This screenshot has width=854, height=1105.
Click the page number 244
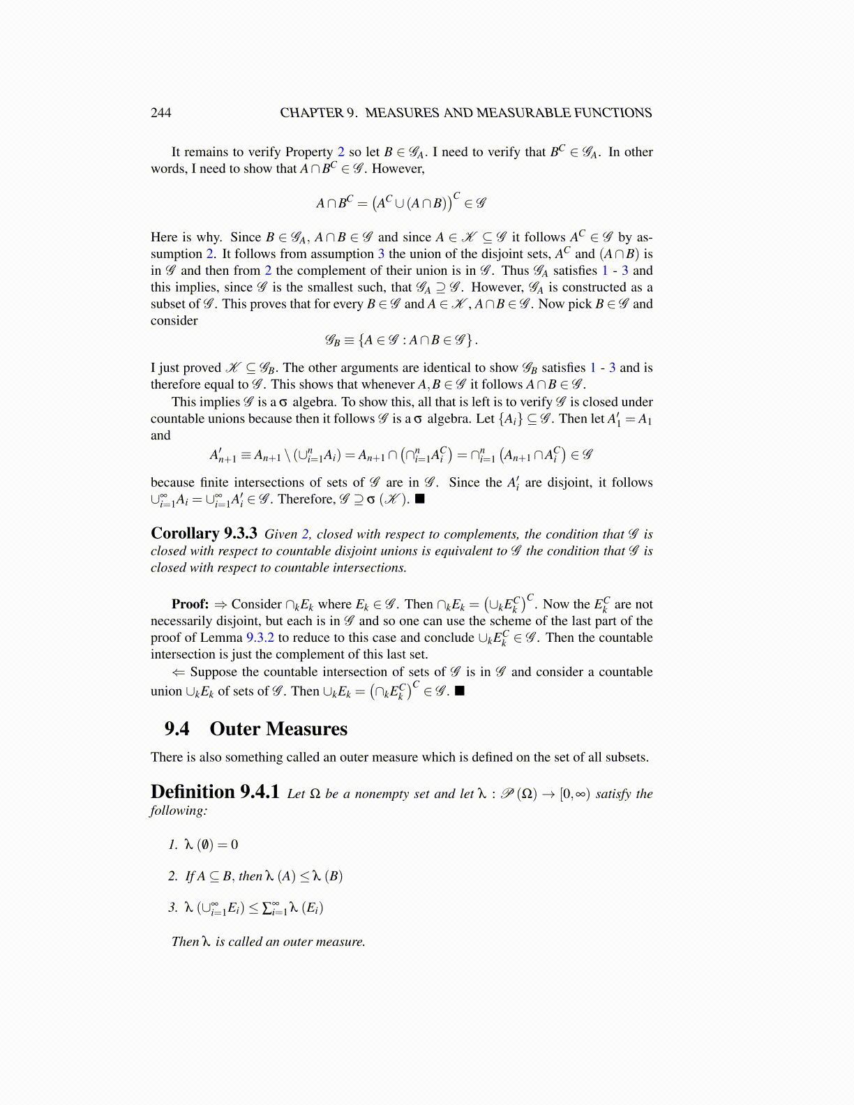160,113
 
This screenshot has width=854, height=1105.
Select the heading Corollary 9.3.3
204,534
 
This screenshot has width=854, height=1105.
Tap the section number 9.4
177,729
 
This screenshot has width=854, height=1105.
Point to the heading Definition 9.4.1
215,792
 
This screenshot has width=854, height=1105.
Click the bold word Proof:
190,604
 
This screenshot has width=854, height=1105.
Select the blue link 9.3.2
260,638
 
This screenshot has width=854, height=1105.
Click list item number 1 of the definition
173,845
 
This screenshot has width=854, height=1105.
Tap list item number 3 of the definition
173,908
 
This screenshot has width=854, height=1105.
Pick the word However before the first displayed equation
397,169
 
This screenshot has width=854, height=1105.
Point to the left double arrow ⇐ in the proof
179,672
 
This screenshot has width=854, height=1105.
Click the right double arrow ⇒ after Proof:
220,604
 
